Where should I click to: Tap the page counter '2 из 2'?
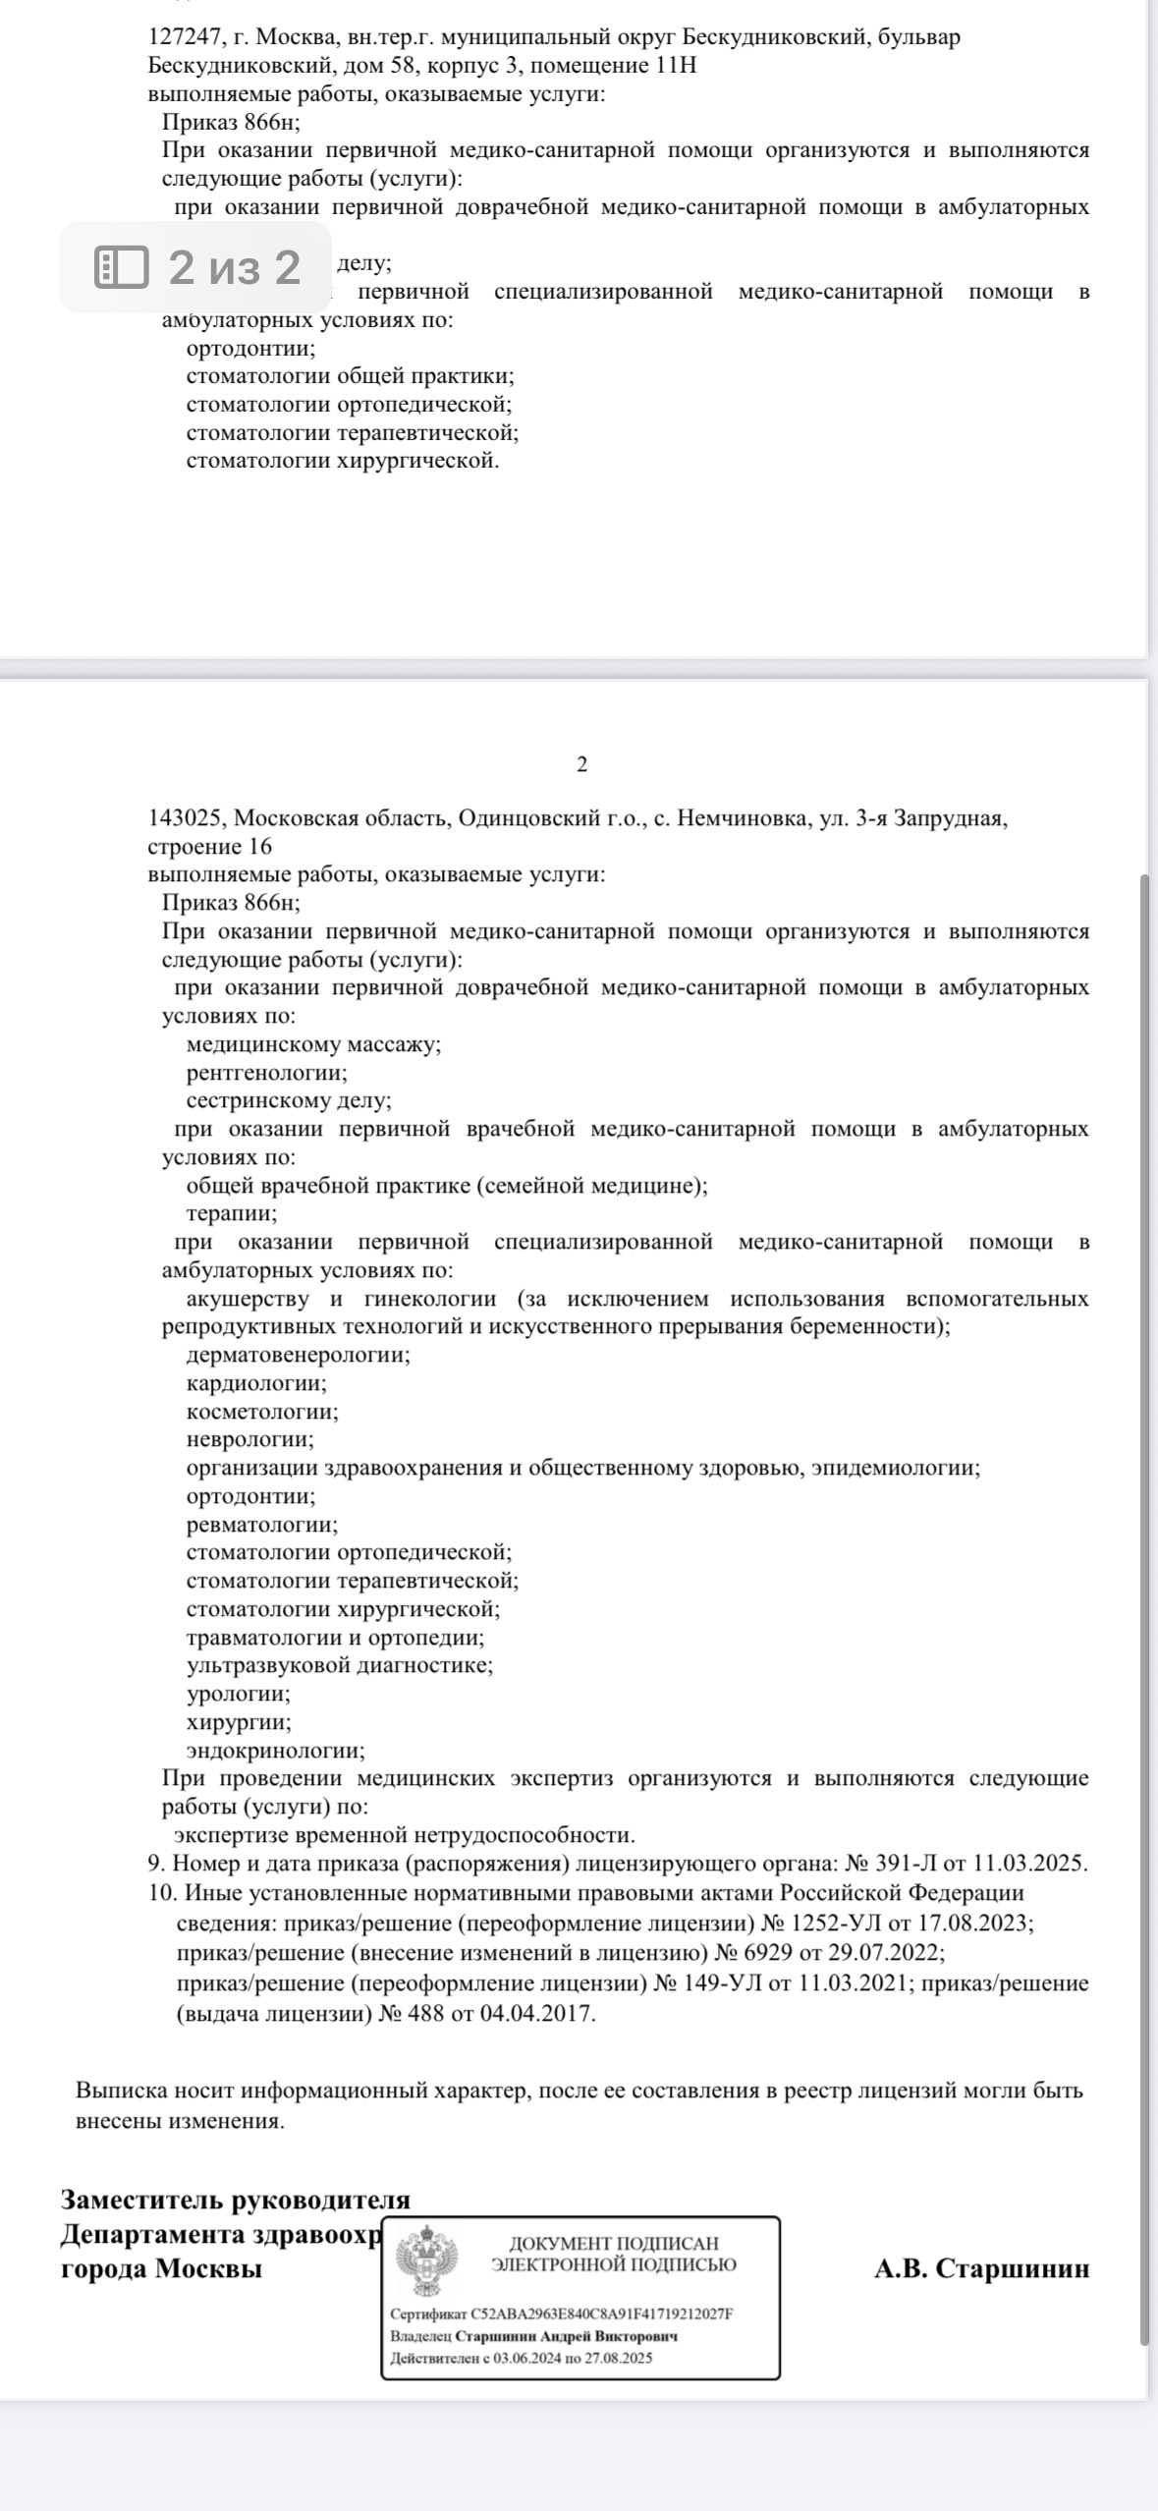tap(234, 266)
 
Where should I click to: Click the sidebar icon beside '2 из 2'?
tap(121, 266)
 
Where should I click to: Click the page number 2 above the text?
tap(581, 765)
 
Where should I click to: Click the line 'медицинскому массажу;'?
tap(313, 1044)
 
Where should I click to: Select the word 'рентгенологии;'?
tap(266, 1073)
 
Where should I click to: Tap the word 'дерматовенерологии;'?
tap(298, 1355)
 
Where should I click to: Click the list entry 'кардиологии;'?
tap(256, 1383)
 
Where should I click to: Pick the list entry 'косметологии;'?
tap(261, 1412)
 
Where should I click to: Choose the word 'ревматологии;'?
tap(261, 1525)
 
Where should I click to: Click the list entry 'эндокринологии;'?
tap(275, 1751)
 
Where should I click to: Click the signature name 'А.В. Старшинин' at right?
tap(981, 2268)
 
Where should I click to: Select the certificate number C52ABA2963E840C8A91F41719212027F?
tap(602, 2314)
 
